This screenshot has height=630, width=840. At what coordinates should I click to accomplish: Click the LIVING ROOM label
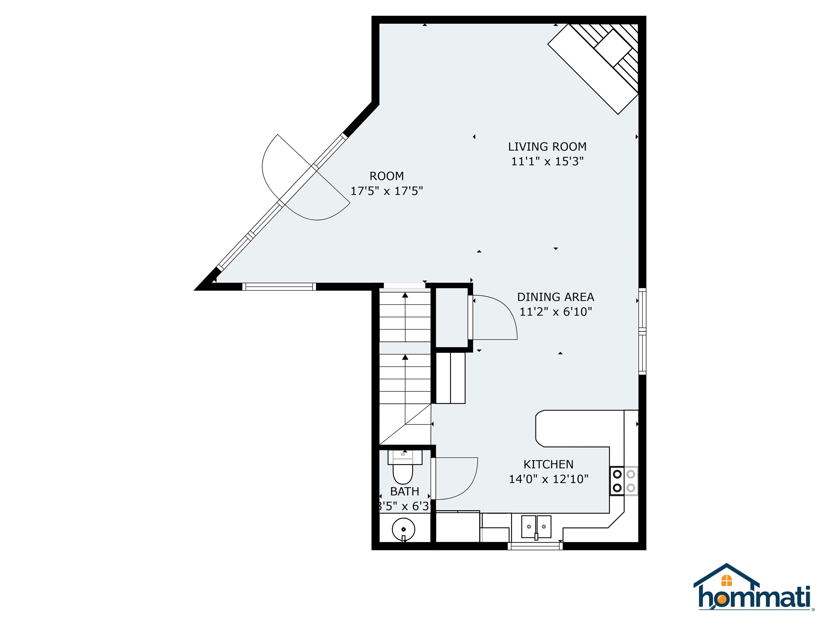pos(547,147)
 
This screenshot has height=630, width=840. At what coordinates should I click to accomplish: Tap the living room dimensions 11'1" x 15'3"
pos(547,161)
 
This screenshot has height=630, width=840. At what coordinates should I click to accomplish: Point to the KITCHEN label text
pos(548,464)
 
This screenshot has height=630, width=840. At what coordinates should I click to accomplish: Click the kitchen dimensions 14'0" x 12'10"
pos(548,479)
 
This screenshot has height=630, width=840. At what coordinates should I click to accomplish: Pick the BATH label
pos(404,491)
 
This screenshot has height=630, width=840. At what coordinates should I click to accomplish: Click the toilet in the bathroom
pos(402,471)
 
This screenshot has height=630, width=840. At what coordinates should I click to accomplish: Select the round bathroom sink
pos(403,529)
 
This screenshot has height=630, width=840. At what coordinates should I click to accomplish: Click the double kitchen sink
pos(536,527)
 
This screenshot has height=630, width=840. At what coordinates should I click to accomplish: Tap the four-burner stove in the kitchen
pos(624,481)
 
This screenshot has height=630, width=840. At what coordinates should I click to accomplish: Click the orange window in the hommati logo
pos(727,581)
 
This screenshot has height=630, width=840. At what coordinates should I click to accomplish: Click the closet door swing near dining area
pos(497,317)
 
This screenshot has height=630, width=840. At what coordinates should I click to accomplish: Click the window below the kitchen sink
pos(535,546)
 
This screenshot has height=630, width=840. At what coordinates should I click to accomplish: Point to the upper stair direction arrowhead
pos(405,295)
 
